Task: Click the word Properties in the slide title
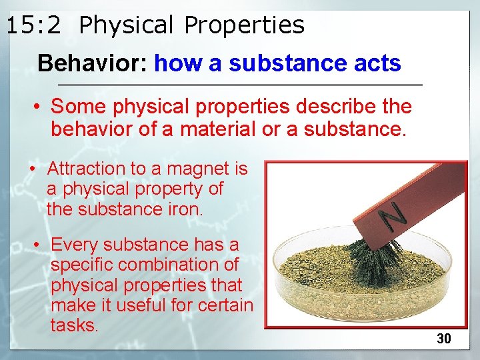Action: click(x=244, y=25)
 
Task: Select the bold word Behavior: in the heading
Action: click(x=93, y=63)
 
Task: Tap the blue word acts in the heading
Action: click(x=376, y=63)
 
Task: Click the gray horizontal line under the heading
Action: click(x=240, y=85)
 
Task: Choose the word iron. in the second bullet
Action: click(x=183, y=209)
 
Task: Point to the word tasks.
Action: click(x=74, y=325)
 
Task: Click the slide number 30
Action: click(x=444, y=339)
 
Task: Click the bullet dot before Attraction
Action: click(x=32, y=169)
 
